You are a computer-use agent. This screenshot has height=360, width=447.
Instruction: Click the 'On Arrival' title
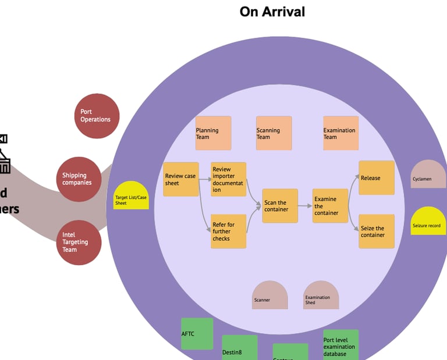pyautogui.click(x=272, y=11)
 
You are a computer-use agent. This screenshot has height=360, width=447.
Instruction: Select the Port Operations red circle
pyautogui.click(x=97, y=116)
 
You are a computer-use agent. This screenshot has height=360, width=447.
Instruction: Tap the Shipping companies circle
pyautogui.click(x=79, y=179)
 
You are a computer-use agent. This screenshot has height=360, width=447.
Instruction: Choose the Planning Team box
pyautogui.click(x=213, y=133)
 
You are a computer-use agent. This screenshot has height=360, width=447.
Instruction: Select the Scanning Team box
pyautogui.click(x=274, y=133)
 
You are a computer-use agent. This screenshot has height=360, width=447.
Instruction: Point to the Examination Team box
pyautogui.click(x=340, y=133)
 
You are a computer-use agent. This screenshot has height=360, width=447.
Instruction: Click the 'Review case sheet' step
pyautogui.click(x=181, y=179)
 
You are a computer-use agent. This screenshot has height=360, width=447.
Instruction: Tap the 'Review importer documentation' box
pyautogui.click(x=228, y=179)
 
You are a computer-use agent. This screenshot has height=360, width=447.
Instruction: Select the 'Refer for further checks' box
pyautogui.click(x=228, y=231)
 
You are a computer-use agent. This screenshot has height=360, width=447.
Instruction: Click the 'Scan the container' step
pyautogui.click(x=279, y=206)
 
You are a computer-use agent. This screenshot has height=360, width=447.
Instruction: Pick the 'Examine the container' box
pyautogui.click(x=330, y=206)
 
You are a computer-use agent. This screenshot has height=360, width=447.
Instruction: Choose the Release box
pyautogui.click(x=377, y=178)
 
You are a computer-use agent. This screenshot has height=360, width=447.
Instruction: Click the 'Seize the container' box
pyautogui.click(x=377, y=231)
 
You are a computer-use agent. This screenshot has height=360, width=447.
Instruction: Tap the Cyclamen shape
pyautogui.click(x=428, y=174)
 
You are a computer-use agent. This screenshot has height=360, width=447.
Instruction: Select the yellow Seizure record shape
pyautogui.click(x=428, y=222)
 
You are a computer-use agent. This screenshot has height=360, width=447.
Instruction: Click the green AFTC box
pyautogui.click(x=197, y=334)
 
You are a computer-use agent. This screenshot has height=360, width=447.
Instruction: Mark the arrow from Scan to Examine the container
pyautogui.click(x=305, y=205)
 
